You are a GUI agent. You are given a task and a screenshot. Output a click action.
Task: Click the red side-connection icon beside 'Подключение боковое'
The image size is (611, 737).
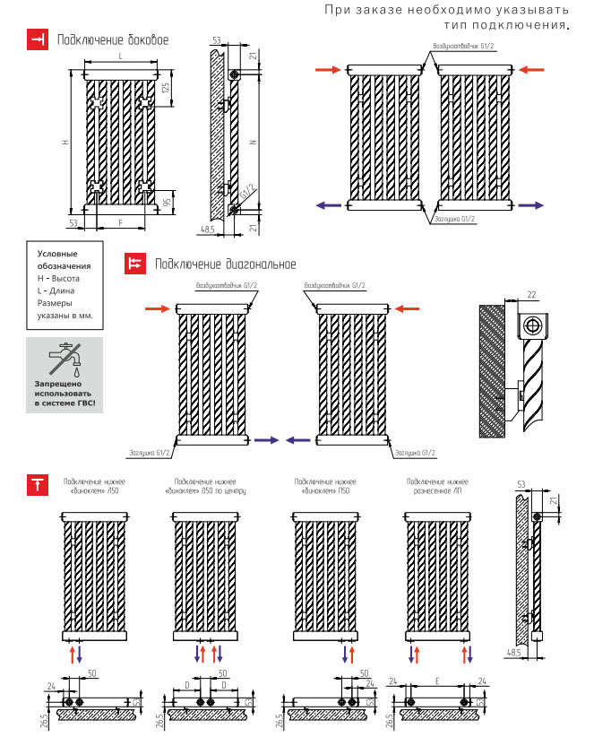[38, 40]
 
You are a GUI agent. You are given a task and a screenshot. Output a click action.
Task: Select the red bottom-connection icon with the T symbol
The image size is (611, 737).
[38, 485]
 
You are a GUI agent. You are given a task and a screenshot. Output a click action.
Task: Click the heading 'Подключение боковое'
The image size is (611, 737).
[112, 40]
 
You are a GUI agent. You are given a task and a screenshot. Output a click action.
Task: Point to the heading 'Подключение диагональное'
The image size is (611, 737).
[225, 264]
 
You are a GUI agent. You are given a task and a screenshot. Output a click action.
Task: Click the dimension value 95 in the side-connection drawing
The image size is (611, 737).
[166, 203]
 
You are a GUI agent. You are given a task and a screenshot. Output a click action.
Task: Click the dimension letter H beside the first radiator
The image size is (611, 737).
[65, 143]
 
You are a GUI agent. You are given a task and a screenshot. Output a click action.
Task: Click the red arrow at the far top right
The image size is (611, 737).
[532, 69]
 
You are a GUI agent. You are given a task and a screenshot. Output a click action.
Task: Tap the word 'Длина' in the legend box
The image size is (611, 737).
[64, 290]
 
